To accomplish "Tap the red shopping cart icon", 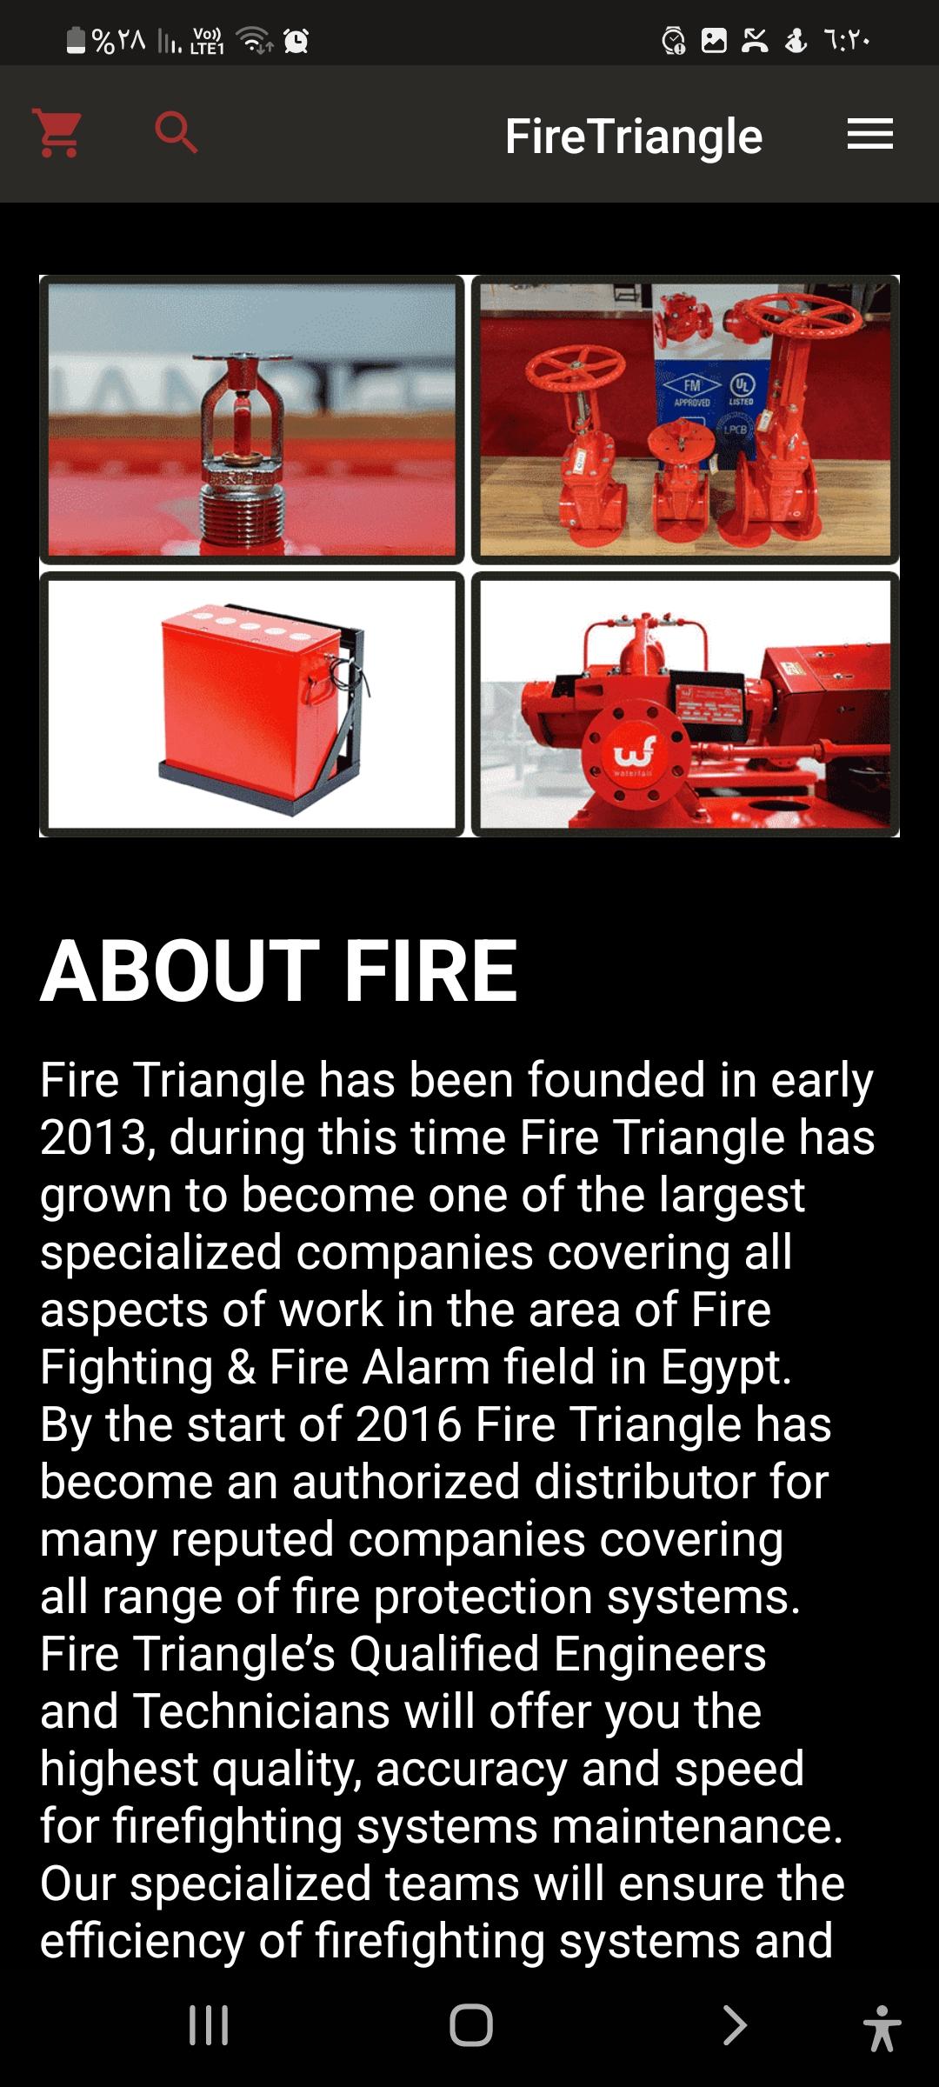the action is (x=57, y=133).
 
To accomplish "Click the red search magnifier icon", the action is (x=176, y=133).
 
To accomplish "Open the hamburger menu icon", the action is (x=870, y=134).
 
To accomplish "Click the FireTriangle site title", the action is (x=634, y=137).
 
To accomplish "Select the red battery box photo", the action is (x=252, y=703).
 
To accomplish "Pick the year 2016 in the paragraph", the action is (x=408, y=1424).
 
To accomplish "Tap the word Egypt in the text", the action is (x=726, y=1369).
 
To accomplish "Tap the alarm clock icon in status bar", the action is (x=296, y=41).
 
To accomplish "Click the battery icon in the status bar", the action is (x=77, y=40).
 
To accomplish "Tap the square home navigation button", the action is (x=470, y=2025).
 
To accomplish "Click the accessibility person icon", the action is (x=882, y=2028).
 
